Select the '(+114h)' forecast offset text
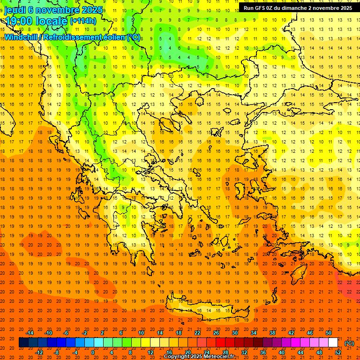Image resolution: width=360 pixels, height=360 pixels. tap(83, 21)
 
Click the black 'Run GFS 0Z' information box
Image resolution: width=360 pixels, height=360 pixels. tap(298, 7)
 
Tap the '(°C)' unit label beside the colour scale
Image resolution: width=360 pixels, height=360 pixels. tap(349, 343)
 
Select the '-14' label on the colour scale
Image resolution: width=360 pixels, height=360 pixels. tap(29, 333)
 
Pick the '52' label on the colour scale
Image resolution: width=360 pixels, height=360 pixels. tap(338, 352)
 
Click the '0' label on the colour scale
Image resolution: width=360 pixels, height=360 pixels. tap(93, 352)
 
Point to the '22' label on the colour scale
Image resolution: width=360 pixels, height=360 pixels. tap(197, 333)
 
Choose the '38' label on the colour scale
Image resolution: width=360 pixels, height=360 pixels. tap(272, 333)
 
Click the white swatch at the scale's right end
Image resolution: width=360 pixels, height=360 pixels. tap(333, 343)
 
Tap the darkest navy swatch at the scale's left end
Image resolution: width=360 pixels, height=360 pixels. tap(23, 343)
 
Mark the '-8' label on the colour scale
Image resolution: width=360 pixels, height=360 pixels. tap(57, 352)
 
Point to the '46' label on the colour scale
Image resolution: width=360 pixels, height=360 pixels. tap(310, 333)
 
